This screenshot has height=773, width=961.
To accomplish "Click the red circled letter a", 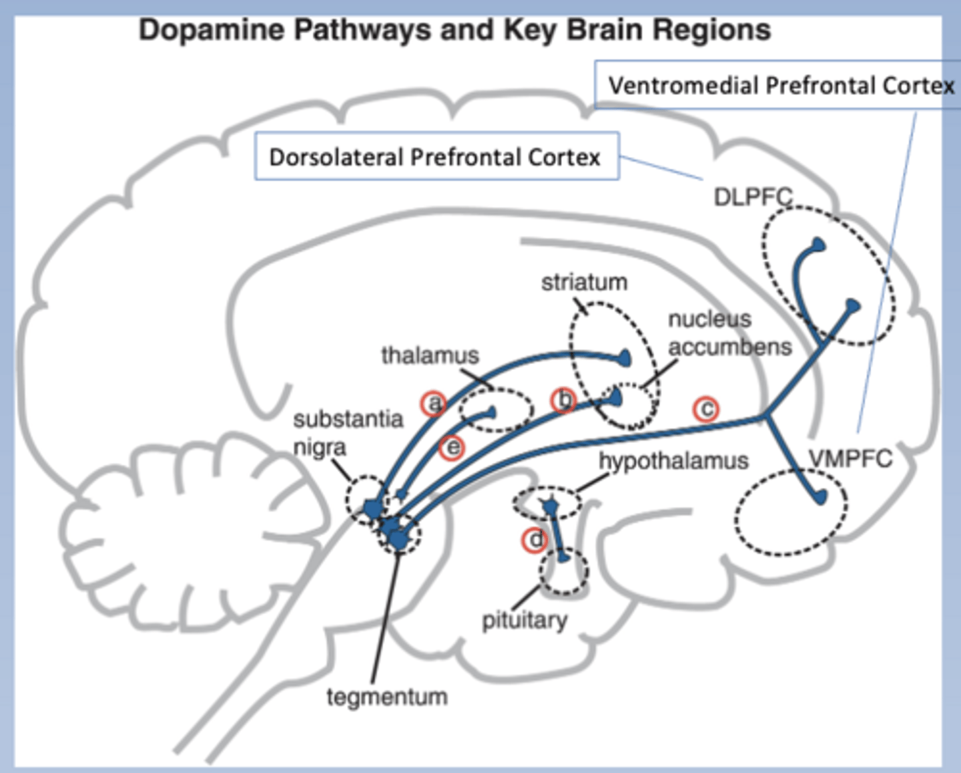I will point(434,404).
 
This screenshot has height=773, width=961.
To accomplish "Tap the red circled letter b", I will point(564,400).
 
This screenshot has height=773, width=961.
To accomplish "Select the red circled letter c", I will point(706,409).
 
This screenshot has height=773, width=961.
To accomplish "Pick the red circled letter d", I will point(535,540).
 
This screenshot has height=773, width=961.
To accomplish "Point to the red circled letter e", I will point(452,448).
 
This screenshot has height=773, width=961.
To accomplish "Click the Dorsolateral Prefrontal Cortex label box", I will point(436,157).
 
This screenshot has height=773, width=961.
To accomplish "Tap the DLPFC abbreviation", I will point(753,197).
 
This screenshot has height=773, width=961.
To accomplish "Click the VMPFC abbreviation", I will point(850,459).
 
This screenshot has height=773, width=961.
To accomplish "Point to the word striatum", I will point(584,283).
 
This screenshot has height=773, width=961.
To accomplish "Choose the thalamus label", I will point(430,355).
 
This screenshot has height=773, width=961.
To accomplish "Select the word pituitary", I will point(525,621).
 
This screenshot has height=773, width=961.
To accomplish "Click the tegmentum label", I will point(387,697).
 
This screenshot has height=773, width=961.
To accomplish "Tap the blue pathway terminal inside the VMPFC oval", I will point(820,496).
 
